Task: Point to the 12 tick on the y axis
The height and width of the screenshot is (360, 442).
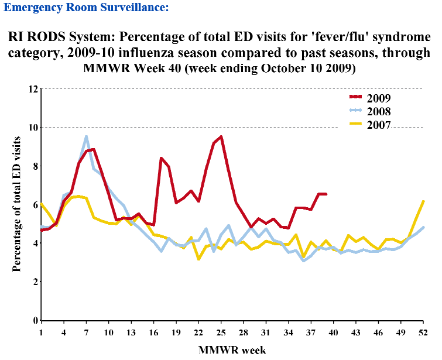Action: coord(33,89)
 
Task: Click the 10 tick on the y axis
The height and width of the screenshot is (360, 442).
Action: coord(33,128)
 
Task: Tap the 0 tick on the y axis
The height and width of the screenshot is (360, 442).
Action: coord(36,320)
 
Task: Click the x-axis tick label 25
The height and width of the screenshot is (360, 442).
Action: coord(221,332)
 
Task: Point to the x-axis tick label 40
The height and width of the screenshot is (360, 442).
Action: coord(333,332)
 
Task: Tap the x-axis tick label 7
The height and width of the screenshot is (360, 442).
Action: coord(86,332)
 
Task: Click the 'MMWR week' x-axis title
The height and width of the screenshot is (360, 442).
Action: coord(232,350)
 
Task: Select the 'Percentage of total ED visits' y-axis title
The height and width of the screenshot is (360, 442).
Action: coord(18,204)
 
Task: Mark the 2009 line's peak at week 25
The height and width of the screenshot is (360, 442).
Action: coord(221,137)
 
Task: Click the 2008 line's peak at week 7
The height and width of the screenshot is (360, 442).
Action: coord(86,137)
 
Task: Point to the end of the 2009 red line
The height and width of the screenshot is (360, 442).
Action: coord(326,194)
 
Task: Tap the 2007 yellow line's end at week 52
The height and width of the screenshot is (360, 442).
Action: coord(423,201)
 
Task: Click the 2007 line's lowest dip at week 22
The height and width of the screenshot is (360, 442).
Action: coord(198,259)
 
